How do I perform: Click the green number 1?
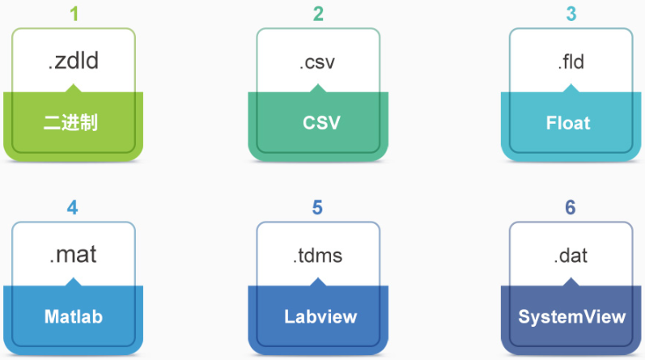tap(74, 14)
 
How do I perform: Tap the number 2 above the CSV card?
tap(318, 14)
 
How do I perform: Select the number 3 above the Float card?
tap(571, 14)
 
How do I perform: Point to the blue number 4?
tap(72, 207)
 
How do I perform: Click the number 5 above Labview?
tap(317, 207)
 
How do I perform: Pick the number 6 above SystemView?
tap(570, 207)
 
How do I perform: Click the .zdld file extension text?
tap(73, 61)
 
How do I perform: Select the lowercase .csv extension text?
tap(317, 63)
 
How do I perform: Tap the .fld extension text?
tap(571, 62)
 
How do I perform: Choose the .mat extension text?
tap(73, 255)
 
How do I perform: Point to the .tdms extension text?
tap(317, 256)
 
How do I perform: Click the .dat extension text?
tap(571, 256)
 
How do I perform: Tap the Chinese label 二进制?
tap(70, 123)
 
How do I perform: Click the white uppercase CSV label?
tap(321, 123)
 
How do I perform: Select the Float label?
tap(568, 123)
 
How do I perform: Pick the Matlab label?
tap(73, 316)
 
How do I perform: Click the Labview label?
tap(320, 316)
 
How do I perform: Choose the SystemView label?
tap(572, 317)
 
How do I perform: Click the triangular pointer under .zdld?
tap(73, 88)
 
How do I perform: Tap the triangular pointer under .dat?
tap(571, 282)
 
